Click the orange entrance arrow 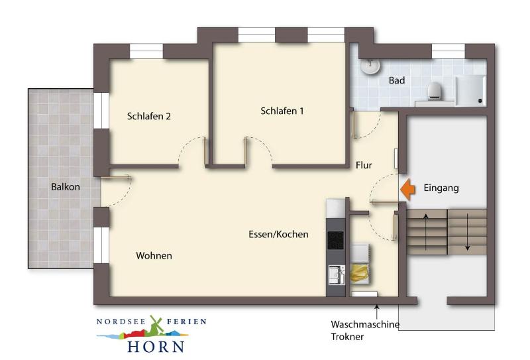coord(407,190)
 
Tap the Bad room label coord(397,80)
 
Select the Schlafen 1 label coord(282,111)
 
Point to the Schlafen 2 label coord(148,116)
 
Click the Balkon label coord(65,187)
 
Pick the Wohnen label coord(154,255)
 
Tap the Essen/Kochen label coord(278,234)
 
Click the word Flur coord(364,165)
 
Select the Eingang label coord(441,188)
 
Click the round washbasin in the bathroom coord(370,66)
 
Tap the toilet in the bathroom coord(436,91)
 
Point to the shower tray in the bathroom coord(470,90)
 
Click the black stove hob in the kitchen coord(336,240)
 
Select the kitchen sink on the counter coord(337,274)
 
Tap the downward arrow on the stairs coord(468,232)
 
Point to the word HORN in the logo coord(156,347)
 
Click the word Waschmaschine coord(365,324)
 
